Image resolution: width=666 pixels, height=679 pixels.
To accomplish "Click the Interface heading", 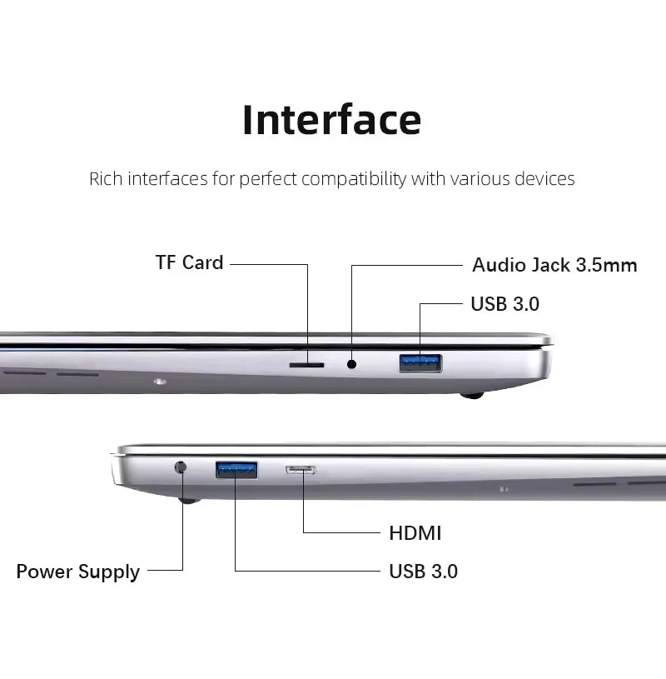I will (x=331, y=119).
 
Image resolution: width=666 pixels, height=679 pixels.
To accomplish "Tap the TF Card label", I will (x=190, y=262).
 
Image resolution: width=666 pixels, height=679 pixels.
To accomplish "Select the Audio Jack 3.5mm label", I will (x=554, y=265).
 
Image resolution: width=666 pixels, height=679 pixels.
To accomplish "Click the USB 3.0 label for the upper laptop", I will (x=504, y=304).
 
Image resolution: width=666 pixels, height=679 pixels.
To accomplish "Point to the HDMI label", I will (x=415, y=532).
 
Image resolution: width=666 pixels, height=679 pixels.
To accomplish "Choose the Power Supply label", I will (x=78, y=572).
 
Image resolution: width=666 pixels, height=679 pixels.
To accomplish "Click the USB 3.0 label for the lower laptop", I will (x=423, y=572).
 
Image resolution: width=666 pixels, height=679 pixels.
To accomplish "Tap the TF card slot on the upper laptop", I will (x=307, y=364).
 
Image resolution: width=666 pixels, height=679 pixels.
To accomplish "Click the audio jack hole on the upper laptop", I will (x=352, y=363).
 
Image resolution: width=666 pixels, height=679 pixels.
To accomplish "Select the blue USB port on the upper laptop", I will (x=420, y=362).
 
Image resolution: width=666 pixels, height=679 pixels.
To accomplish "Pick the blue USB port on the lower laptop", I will (x=236, y=470).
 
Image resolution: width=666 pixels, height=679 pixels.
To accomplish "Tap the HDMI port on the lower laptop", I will (x=301, y=470).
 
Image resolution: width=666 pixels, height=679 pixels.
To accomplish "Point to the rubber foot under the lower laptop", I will (x=189, y=502).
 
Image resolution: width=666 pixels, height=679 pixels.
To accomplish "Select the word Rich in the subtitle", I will (x=105, y=178).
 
